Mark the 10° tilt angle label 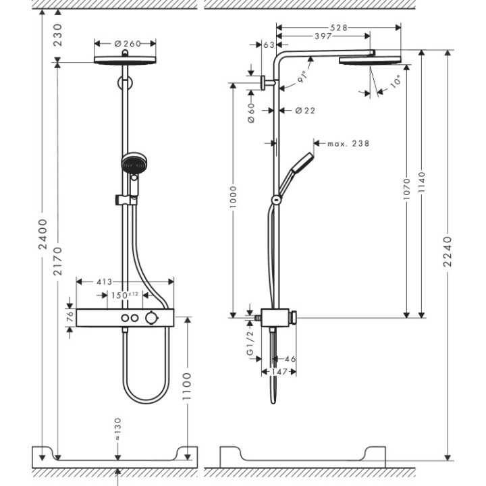pos(394,83)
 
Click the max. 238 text pos(348,143)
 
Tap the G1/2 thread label pos(249,344)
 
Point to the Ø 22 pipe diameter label pos(304,111)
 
